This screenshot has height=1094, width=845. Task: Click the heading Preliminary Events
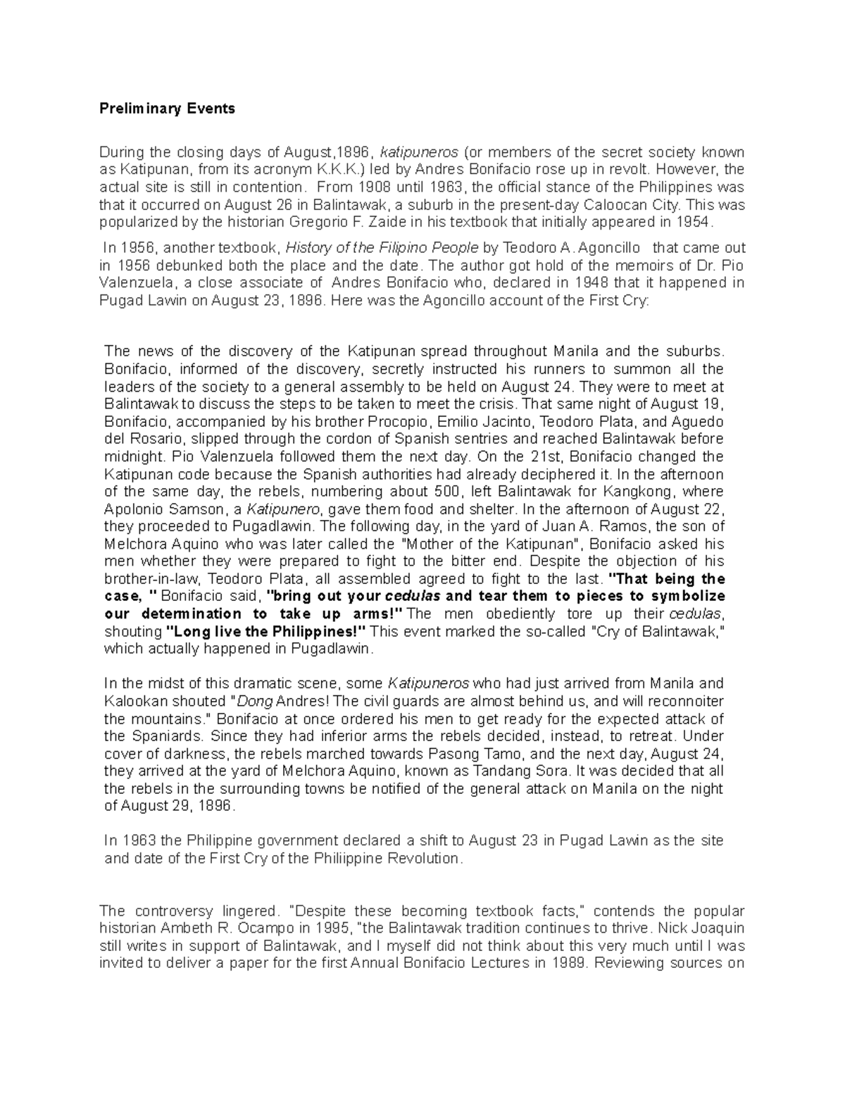click(x=167, y=108)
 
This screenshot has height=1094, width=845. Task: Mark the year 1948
click(x=594, y=282)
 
